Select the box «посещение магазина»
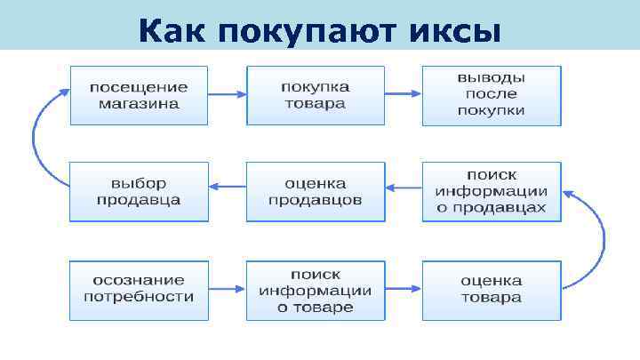[x=139, y=95]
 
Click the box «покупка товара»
[x=316, y=95]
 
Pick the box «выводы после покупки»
[x=492, y=95]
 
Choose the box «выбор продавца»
[x=139, y=191]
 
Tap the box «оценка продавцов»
[x=316, y=191]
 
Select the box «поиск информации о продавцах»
[x=492, y=191]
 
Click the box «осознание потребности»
[x=139, y=289]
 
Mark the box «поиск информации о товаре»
[x=316, y=289]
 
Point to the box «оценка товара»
[x=492, y=289]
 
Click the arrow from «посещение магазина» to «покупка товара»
[x=227, y=95]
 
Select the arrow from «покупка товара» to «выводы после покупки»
[x=403, y=95]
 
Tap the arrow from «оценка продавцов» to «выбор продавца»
[x=227, y=187]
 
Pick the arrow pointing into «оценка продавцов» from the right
[x=403, y=187]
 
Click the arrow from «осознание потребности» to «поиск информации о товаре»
[x=227, y=289]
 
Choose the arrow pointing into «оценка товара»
[x=403, y=289]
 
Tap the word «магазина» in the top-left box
[x=139, y=103]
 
